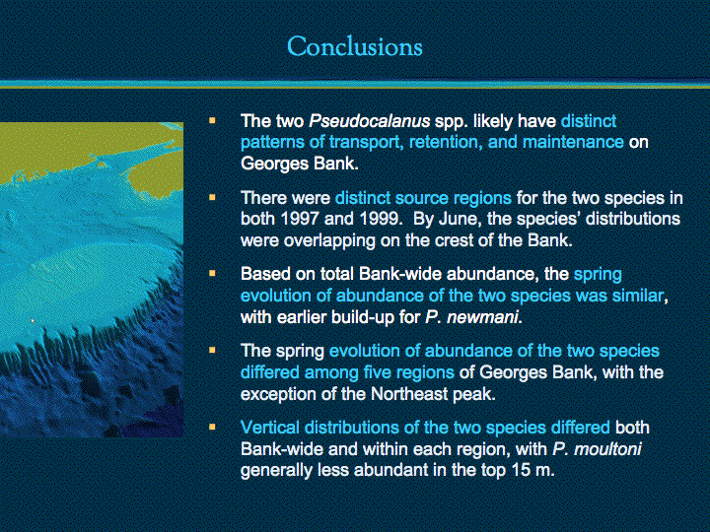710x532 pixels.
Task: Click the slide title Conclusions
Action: (355, 46)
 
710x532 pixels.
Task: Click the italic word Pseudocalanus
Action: (369, 121)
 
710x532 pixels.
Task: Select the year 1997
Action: (300, 219)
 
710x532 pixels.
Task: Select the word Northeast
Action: (409, 394)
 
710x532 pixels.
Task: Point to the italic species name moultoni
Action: (607, 449)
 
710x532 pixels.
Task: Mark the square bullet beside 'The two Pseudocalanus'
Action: (212, 121)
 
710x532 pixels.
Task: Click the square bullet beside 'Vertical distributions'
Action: (212, 427)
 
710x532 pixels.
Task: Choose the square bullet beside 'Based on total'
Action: (212, 274)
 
